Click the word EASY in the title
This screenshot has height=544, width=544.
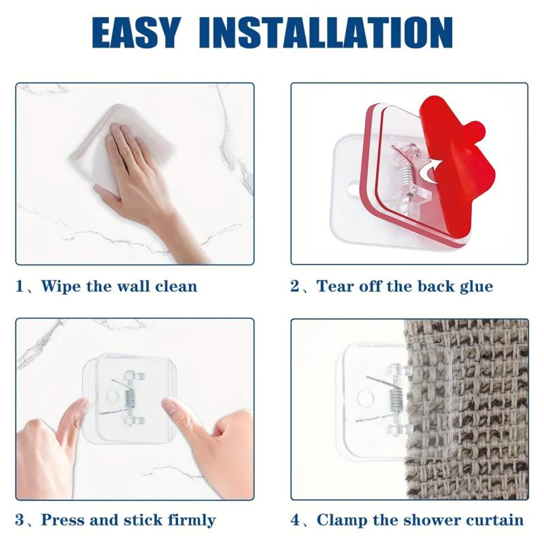(x=136, y=32)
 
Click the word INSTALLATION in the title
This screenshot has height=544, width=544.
(x=326, y=32)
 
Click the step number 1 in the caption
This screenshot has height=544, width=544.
(x=20, y=286)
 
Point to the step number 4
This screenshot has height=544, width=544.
(x=295, y=520)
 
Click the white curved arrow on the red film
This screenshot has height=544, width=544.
(x=430, y=171)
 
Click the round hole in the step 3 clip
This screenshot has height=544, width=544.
(x=112, y=396)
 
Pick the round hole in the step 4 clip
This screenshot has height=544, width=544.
(x=364, y=398)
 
